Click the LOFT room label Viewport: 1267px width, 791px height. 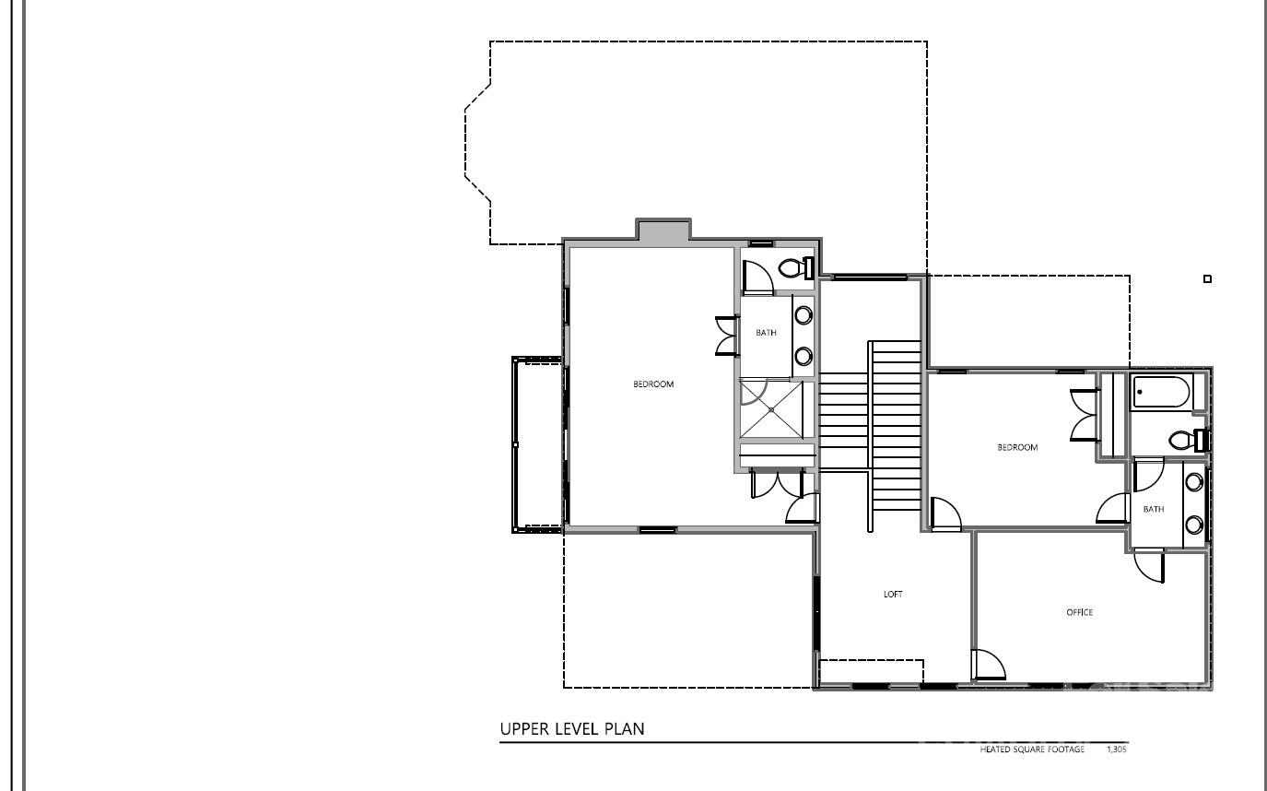[x=893, y=595]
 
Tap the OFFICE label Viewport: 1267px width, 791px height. [x=1079, y=613]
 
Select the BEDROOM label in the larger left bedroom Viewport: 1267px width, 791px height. [x=653, y=384]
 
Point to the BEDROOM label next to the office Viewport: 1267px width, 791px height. [x=1017, y=448]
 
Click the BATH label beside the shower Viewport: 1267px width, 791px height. [x=766, y=333]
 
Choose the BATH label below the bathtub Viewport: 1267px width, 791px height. [x=1153, y=509]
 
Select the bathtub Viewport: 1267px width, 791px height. [x=1161, y=393]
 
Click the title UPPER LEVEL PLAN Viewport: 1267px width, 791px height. [x=571, y=729]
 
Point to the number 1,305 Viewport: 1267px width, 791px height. [x=1116, y=750]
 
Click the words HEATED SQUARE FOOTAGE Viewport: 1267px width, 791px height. [x=1031, y=750]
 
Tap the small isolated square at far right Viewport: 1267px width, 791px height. [x=1207, y=278]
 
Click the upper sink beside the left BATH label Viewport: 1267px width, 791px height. [x=804, y=315]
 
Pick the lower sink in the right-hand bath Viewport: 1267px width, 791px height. [x=1194, y=525]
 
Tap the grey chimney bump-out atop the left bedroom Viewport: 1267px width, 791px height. [x=663, y=230]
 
